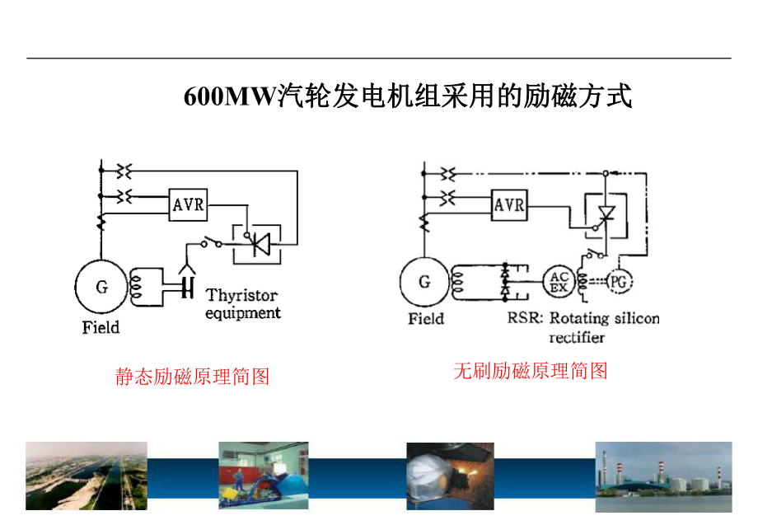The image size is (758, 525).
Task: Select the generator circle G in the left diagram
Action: point(101,287)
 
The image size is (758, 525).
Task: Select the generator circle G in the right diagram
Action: point(424,282)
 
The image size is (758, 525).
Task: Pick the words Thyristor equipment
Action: point(242,303)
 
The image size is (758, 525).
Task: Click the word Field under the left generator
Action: point(101,327)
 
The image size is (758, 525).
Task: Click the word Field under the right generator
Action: point(426,318)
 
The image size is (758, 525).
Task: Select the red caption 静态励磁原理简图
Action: point(193,377)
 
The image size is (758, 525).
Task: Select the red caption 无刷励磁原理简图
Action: point(531,371)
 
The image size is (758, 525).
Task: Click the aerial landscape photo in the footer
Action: point(86,476)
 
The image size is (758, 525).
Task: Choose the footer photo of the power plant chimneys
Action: point(663,476)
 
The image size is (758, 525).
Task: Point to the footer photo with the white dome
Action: point(450,476)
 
